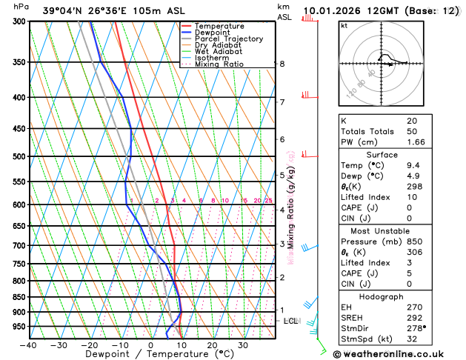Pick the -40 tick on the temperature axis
[x=29, y=345]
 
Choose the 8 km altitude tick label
[x=282, y=64]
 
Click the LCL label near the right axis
[x=290, y=321]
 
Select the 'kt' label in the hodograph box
[x=344, y=25]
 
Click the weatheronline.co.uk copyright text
[x=397, y=353]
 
